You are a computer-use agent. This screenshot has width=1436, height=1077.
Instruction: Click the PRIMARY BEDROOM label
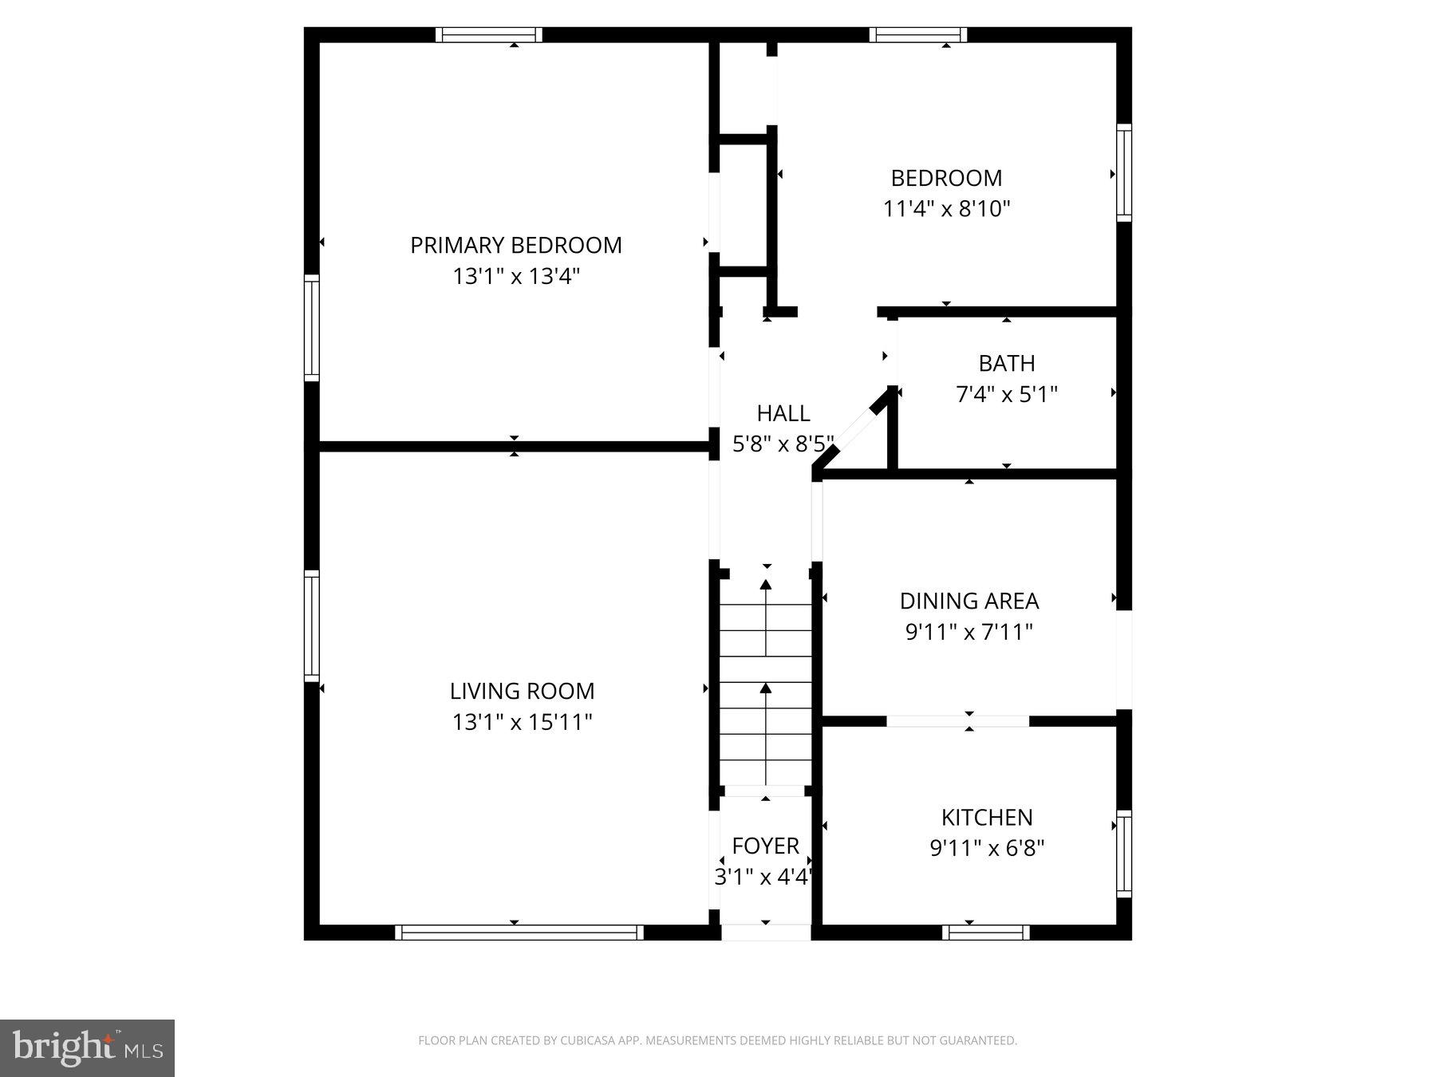click(x=515, y=245)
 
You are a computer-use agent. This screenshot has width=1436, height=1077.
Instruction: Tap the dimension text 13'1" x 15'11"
click(x=522, y=722)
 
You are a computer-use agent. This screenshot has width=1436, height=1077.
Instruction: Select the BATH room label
click(x=1007, y=363)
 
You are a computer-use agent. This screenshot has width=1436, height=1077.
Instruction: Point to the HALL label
click(x=783, y=413)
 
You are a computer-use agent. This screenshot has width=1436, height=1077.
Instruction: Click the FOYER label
click(x=765, y=846)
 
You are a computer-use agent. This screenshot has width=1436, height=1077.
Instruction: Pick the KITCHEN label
click(x=987, y=817)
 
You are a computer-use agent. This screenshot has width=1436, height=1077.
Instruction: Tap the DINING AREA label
click(x=969, y=601)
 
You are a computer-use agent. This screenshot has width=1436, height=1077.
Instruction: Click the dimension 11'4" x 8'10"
click(x=946, y=209)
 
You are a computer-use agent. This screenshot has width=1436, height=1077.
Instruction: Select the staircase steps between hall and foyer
click(x=766, y=682)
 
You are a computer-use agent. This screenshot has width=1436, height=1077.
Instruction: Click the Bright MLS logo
click(x=87, y=1047)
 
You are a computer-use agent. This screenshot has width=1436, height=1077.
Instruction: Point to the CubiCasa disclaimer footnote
click(x=717, y=1040)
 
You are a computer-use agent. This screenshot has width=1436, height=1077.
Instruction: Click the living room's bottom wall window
click(x=519, y=932)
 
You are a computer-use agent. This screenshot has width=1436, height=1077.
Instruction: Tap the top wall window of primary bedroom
click(x=489, y=34)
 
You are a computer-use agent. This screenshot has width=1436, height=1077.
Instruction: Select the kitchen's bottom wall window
click(x=986, y=932)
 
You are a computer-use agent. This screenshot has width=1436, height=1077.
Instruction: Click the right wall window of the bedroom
click(x=1123, y=172)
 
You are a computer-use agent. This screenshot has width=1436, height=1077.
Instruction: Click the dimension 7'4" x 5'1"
click(x=1007, y=394)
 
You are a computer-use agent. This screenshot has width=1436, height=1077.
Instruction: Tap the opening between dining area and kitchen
click(x=957, y=721)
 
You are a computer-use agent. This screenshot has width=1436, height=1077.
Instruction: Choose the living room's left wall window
click(x=311, y=625)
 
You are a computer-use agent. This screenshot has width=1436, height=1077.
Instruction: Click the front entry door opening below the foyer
click(x=766, y=932)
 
